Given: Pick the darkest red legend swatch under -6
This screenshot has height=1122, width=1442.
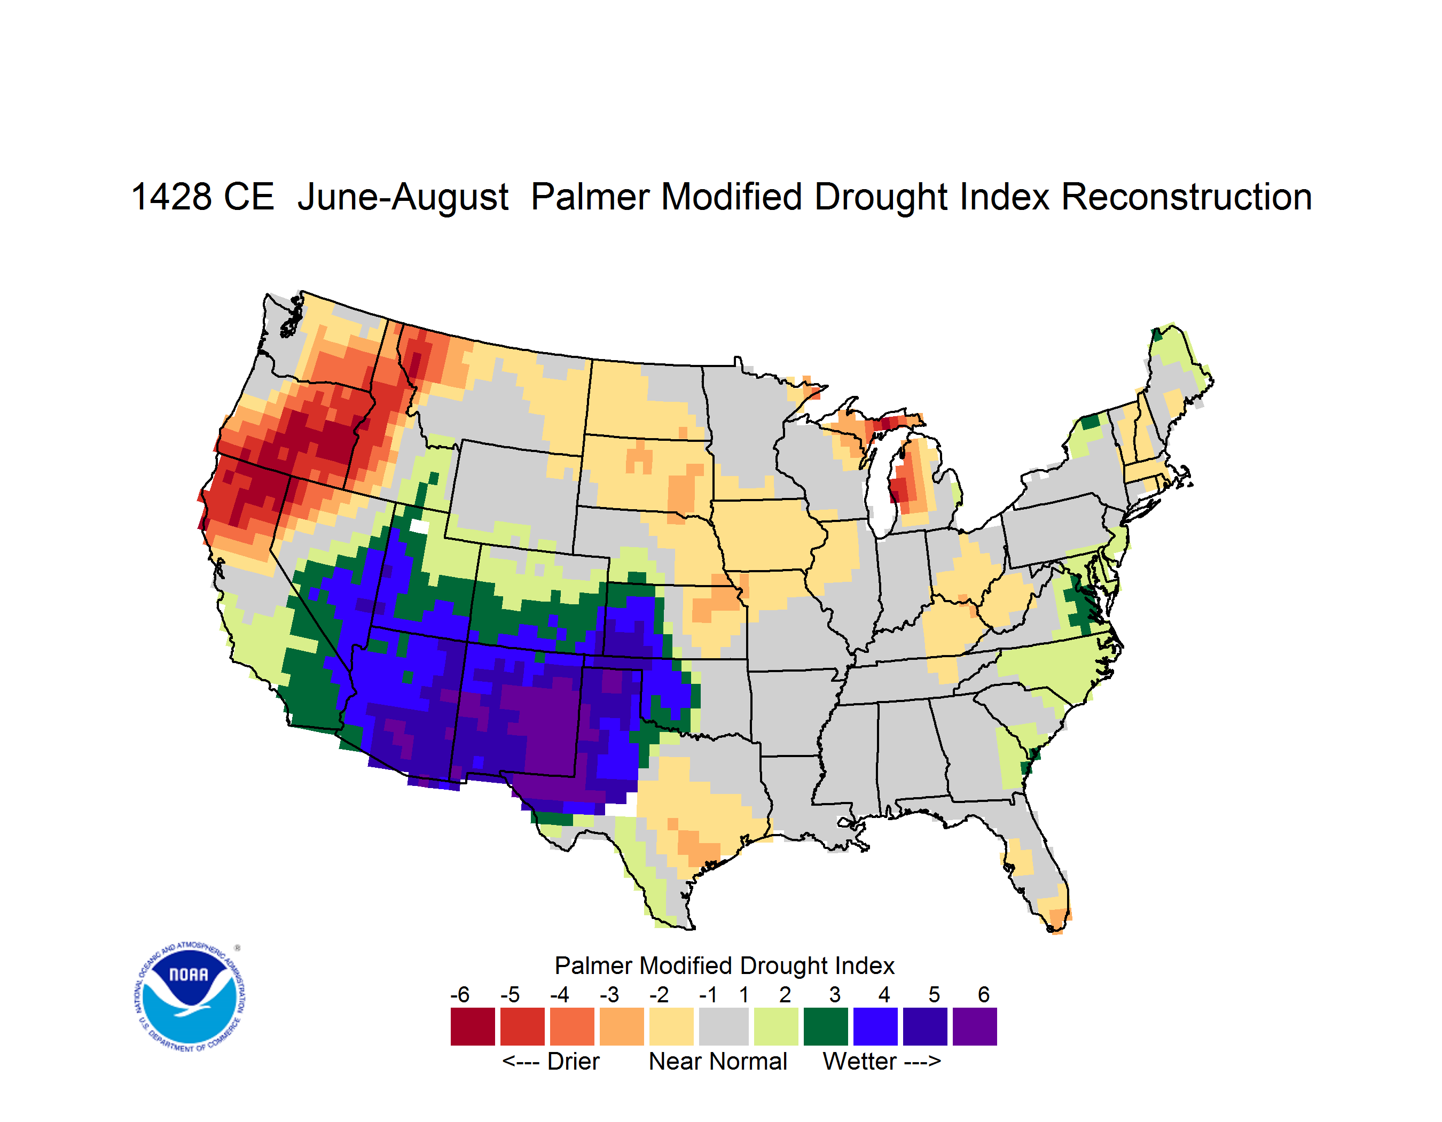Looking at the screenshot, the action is coord(473,1026).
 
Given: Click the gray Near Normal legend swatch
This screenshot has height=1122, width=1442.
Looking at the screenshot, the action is coord(724,1026).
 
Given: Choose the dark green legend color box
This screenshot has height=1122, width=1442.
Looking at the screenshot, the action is coord(825,1026).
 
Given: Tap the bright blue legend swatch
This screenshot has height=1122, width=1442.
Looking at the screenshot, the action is coord(875,1026).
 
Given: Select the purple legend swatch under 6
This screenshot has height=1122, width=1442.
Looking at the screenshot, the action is coord(975,1026).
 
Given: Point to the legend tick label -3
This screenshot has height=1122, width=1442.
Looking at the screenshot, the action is coord(609,994).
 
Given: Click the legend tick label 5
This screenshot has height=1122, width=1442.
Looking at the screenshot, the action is coord(934,994).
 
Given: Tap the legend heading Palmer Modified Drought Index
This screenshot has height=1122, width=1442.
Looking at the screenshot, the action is coord(724,965).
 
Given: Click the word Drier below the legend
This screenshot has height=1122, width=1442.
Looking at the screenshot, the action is coord(573,1061).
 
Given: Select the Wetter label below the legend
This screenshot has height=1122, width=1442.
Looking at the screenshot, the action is coord(860,1061).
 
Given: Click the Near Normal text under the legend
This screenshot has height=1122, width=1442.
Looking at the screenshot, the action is coord(718,1061).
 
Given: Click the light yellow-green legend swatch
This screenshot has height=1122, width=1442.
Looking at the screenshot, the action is coord(776,1026).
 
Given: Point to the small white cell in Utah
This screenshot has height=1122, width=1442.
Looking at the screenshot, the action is coord(419,526).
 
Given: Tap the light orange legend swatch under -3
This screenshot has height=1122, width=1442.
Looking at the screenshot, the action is coord(621,1026).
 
